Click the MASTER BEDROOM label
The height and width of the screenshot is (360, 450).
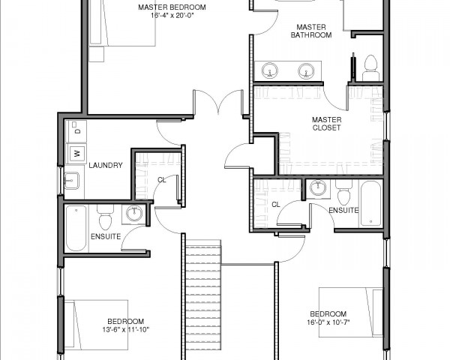(x=172, y=7)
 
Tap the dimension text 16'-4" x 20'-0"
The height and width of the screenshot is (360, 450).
(x=172, y=16)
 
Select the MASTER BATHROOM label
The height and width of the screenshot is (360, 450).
(x=311, y=31)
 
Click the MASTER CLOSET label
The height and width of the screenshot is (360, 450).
(x=326, y=124)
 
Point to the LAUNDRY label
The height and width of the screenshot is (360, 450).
(x=106, y=165)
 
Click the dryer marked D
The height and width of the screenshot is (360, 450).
(x=76, y=131)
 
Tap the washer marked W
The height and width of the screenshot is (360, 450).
(x=76, y=154)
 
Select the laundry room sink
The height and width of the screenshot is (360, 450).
(x=71, y=181)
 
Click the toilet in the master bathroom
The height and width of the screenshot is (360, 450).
(x=370, y=68)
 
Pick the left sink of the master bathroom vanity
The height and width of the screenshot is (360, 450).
(x=270, y=70)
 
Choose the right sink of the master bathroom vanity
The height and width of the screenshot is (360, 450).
(x=306, y=70)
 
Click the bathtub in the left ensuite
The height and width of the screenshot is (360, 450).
(x=76, y=228)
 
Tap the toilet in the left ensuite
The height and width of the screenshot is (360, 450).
(x=105, y=217)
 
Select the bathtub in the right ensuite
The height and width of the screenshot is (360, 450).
(x=370, y=203)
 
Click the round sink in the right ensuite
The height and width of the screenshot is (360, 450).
(x=318, y=187)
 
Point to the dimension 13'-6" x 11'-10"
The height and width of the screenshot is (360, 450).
(x=126, y=329)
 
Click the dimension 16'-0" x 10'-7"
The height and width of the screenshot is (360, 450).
(x=328, y=322)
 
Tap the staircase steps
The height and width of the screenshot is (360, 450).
(x=203, y=298)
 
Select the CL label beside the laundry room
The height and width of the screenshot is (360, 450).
(x=162, y=180)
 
